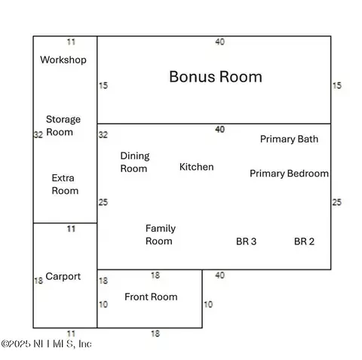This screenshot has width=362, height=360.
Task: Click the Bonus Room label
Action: coord(216,77)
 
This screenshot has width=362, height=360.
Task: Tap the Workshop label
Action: coord(63,60)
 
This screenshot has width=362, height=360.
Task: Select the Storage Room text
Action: coord(63,125)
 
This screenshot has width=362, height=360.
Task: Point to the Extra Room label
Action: coord(65,184)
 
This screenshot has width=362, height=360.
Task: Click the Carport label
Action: coord(63,276)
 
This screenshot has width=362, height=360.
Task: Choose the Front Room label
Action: coord(151,297)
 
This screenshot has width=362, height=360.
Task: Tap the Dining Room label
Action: coord(135,162)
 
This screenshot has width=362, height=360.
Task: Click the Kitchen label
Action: coord(197,167)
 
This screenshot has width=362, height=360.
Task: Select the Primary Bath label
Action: coord(289,139)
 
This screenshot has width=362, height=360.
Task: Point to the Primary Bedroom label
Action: coord(289,174)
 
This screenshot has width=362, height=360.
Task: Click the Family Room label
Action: coord(161,235)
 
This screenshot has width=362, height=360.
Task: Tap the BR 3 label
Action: coord(247,242)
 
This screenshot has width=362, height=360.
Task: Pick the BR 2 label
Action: coord(304,242)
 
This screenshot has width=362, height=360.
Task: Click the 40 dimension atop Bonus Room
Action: coord(220,42)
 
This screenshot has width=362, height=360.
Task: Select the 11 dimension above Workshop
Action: coord(71,42)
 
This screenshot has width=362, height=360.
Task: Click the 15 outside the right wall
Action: coord(337,85)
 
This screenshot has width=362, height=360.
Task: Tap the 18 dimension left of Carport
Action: coord(38,281)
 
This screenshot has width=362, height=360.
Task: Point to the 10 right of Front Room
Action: coord(208,304)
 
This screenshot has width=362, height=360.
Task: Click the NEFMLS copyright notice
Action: coord(46,344)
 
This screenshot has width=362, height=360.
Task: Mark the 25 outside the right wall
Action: coord(337,202)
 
